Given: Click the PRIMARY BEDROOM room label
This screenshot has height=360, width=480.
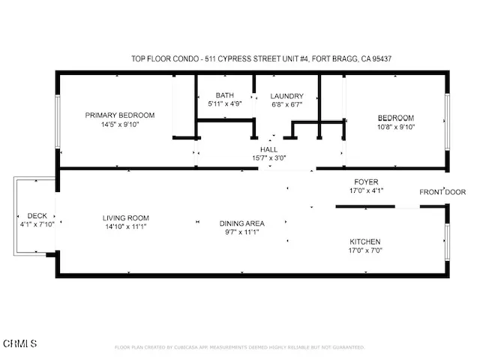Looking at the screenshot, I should tap(119, 115).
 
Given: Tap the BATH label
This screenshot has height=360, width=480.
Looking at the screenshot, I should tap(224, 95).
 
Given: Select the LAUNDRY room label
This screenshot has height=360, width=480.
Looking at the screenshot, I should tap(286, 96).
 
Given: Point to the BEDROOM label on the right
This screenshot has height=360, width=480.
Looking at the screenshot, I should tap(395, 118).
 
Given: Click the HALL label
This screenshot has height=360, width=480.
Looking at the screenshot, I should tap(268, 149).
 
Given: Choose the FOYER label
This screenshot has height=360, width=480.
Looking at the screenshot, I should tap(366, 181).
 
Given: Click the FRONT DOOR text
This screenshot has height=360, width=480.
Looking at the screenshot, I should tap(442, 192).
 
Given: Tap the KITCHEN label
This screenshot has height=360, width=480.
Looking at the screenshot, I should tap(365, 241).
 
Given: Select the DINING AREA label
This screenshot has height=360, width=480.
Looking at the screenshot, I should tap(242, 223).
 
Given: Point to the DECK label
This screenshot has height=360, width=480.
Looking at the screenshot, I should tap(37, 215).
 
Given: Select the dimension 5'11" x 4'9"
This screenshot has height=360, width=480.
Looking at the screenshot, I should tap(224, 104).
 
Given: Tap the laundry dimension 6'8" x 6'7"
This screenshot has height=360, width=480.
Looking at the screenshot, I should tap(286, 105).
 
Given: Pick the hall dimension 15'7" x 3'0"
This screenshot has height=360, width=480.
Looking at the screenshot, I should tap(268, 158).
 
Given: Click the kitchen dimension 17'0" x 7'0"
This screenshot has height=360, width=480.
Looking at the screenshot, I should tap(365, 250).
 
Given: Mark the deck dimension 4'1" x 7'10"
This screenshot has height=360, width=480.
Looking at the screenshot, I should tap(37, 224).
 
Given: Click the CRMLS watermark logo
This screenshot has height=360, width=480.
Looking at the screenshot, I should tap(20, 343).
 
